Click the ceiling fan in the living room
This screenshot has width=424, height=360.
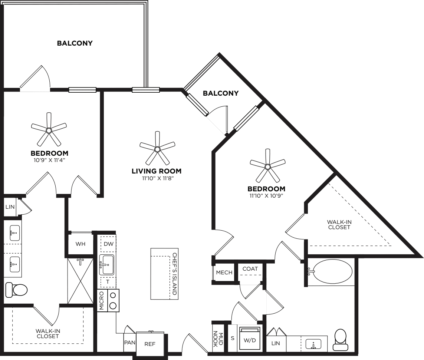point(157,149)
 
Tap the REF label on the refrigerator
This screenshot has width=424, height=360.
point(150,344)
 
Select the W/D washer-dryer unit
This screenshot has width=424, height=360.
point(250,339)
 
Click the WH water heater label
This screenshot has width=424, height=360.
point(80,244)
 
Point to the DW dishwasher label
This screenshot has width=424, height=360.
point(108,244)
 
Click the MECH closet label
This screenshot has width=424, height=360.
point(224,273)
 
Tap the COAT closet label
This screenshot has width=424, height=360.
point(250,269)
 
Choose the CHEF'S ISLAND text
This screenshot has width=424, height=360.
point(174,274)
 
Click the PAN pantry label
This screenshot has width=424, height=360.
point(129,343)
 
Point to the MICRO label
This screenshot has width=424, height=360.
point(102,301)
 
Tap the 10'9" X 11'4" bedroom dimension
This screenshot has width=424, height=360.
point(49,160)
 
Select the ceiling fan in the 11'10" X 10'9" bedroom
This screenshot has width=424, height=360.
point(267,166)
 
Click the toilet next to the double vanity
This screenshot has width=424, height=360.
point(16,290)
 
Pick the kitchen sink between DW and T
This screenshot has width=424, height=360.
point(106,265)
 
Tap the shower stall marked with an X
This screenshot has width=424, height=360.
point(80,281)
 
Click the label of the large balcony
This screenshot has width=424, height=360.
point(75,43)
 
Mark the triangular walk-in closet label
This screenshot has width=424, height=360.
point(339,225)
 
